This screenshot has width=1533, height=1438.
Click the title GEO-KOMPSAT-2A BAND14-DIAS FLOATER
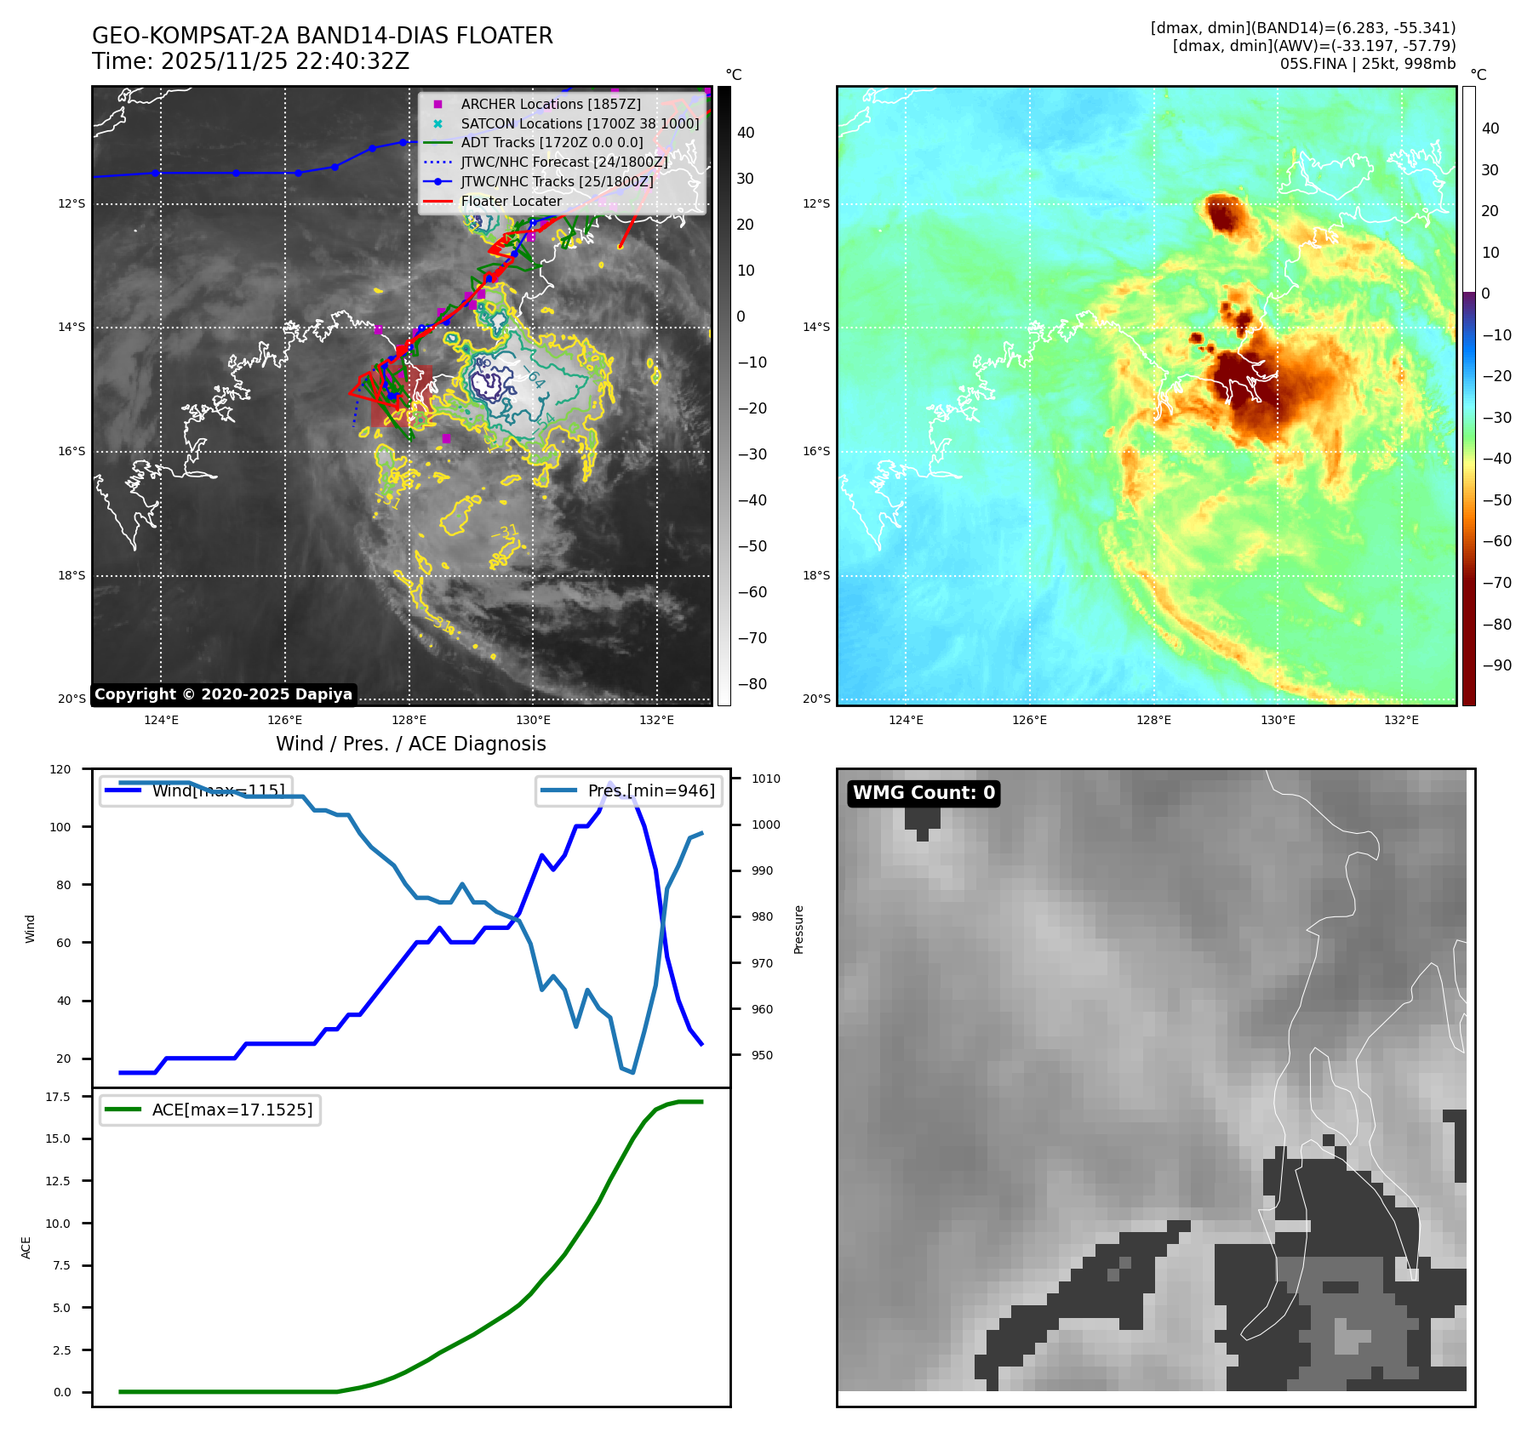click(322, 36)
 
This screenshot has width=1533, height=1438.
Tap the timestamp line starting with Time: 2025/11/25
click(250, 61)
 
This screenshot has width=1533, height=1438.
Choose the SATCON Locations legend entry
click(580, 123)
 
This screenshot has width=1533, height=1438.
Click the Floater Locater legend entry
click(511, 202)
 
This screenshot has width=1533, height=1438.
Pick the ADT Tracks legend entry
click(552, 143)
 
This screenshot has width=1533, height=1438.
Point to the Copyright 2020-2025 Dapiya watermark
click(223, 694)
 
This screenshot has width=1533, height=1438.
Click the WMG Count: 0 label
click(924, 793)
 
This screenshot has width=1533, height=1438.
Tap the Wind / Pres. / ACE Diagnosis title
click(410, 744)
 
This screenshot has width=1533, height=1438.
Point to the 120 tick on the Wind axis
click(60, 769)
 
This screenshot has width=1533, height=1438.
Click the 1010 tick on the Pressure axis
click(765, 779)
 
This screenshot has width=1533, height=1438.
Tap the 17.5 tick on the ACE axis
click(58, 1097)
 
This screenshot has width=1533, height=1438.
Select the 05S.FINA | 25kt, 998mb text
click(1367, 64)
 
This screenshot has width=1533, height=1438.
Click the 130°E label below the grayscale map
click(533, 720)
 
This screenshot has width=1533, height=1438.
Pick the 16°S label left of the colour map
click(816, 451)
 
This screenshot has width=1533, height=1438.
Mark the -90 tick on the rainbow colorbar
click(1496, 665)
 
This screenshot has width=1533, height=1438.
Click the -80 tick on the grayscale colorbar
click(752, 684)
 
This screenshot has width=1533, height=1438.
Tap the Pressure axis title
click(798, 929)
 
